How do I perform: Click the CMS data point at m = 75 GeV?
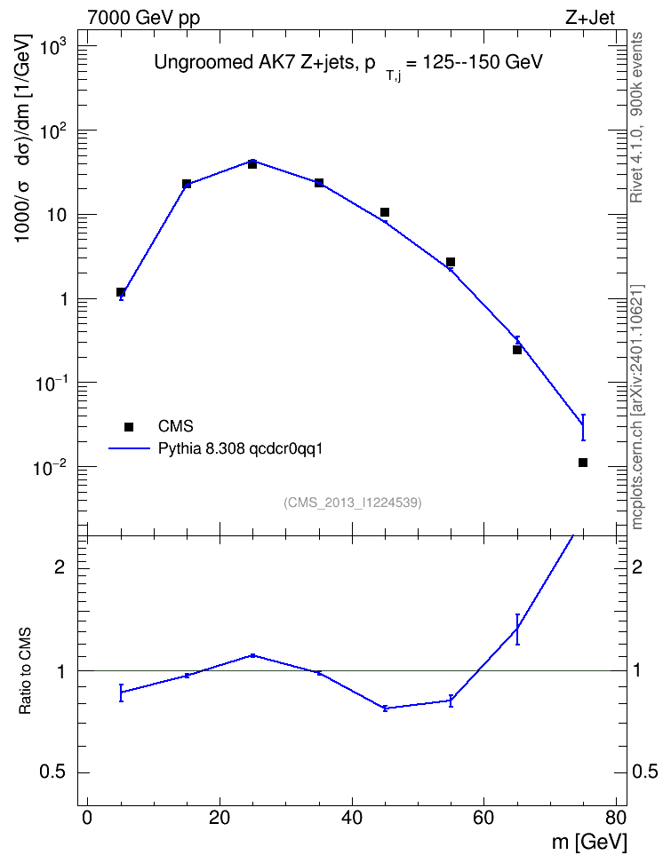(x=582, y=463)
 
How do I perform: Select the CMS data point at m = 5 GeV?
(x=121, y=292)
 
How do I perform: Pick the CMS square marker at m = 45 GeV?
(x=385, y=212)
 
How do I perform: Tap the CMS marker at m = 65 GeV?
(x=517, y=350)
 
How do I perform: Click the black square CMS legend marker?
(x=129, y=426)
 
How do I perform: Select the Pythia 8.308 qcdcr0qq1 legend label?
(x=240, y=448)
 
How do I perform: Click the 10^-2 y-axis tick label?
(x=50, y=468)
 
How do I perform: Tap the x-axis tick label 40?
(x=352, y=818)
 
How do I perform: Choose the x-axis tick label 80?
(x=616, y=818)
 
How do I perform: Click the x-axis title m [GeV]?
(x=589, y=843)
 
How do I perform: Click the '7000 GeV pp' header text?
(x=143, y=18)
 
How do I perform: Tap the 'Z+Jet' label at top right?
(x=590, y=18)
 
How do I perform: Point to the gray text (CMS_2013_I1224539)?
(x=353, y=503)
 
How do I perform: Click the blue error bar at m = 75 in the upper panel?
(x=582, y=427)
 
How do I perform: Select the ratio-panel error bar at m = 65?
(x=517, y=629)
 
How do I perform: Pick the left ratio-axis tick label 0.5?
(x=52, y=772)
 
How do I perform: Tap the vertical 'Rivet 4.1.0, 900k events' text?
(x=636, y=117)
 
